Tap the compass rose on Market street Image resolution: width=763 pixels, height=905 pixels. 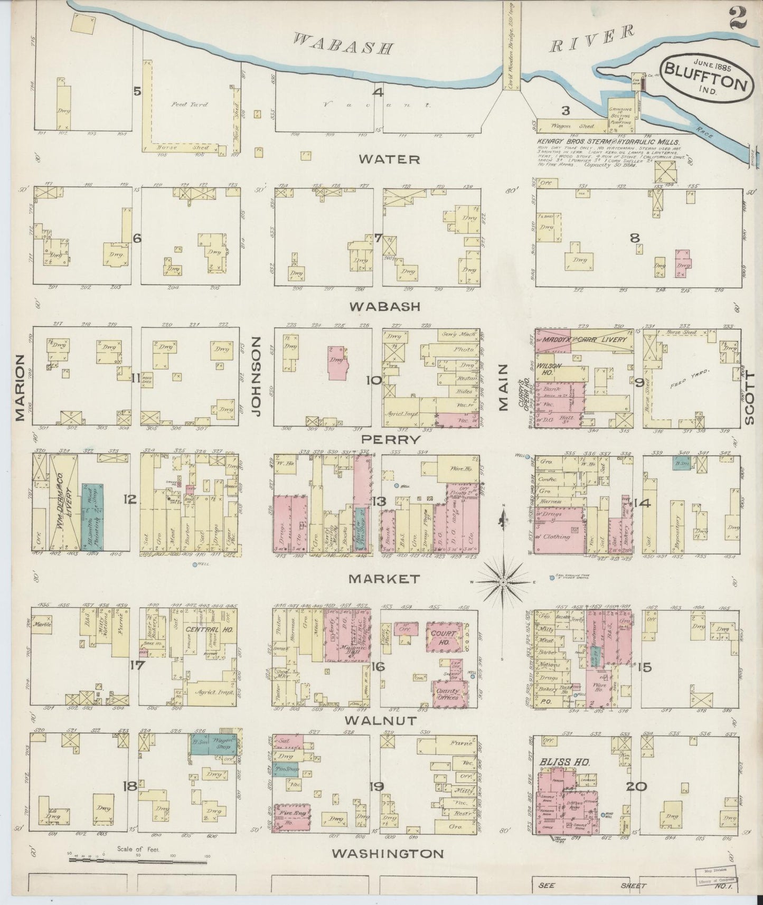click(x=503, y=581)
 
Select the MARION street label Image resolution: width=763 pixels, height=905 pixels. click(x=20, y=388)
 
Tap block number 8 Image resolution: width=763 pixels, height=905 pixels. click(x=635, y=238)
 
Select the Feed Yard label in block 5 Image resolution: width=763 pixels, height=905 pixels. click(x=189, y=105)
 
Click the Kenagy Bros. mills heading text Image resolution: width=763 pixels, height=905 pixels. click(x=607, y=143)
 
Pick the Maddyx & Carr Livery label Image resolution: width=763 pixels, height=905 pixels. click(x=585, y=340)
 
